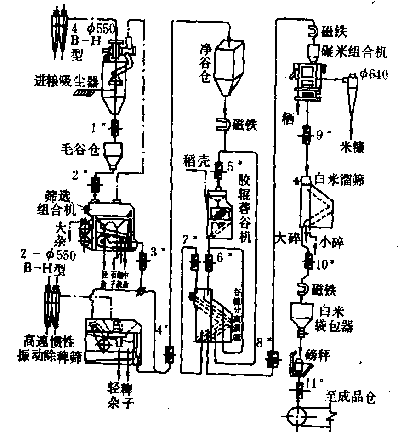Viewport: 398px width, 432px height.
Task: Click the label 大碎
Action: click(284, 239)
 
